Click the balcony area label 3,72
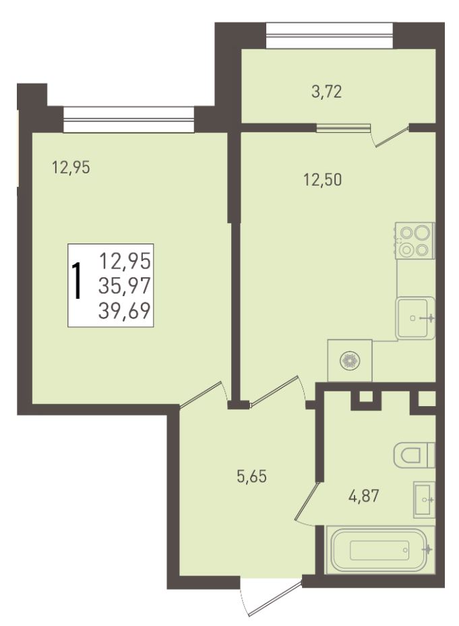click(326, 92)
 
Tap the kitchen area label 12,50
click(323, 180)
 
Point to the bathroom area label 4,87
click(363, 496)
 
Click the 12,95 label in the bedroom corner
click(71, 167)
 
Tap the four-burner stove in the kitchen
click(415, 241)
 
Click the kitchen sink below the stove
click(416, 318)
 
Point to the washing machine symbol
click(350, 360)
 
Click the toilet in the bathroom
click(415, 455)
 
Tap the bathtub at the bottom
click(380, 550)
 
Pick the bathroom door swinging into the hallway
click(307, 501)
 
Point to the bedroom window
click(129, 119)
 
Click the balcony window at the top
click(330, 36)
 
